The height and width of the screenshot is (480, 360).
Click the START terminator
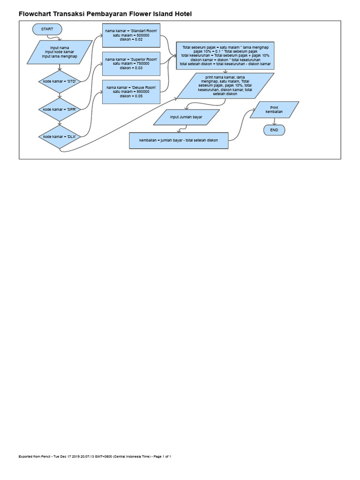click(47, 29)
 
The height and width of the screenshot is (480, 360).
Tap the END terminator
click(274, 129)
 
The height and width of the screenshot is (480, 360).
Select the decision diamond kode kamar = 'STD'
click(60, 82)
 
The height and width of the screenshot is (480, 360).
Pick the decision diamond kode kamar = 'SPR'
click(60, 109)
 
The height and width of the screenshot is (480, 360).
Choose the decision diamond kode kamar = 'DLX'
click(60, 136)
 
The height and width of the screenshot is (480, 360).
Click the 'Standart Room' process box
click(131, 35)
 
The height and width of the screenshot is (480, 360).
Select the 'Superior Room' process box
click(131, 63)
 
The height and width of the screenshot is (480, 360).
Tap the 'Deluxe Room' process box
click(131, 91)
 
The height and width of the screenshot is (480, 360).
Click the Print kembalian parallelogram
click(274, 110)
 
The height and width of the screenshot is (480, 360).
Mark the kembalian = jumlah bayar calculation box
click(179, 140)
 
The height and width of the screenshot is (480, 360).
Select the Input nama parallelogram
click(60, 52)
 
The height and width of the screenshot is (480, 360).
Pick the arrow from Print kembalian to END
click(274, 121)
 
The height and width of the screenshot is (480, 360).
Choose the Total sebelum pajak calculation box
click(225, 56)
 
